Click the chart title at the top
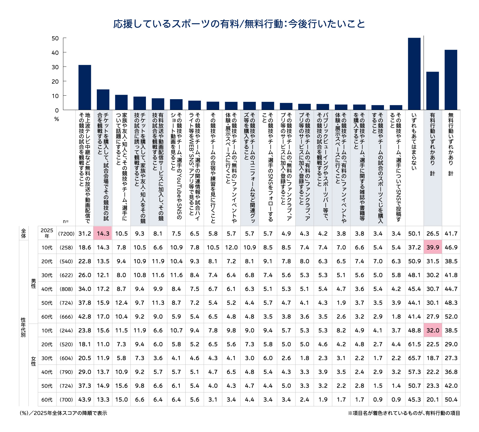[239, 24]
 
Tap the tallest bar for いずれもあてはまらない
[414, 74]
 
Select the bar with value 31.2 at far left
[85, 87]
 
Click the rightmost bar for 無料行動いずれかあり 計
[451, 80]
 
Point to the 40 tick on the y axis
[55, 53]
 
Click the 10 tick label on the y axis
[55, 96]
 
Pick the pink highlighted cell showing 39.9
[433, 247]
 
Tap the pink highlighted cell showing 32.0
[433, 330]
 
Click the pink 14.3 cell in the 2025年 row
[103, 234]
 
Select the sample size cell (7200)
[66, 234]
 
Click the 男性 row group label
[34, 282]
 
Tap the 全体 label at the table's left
[24, 233]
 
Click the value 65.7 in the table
[414, 358]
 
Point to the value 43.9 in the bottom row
[85, 400]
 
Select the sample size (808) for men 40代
[66, 289]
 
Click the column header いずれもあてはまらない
[414, 141]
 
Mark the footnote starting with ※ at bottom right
[404, 413]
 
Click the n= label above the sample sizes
[66, 221]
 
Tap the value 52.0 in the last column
[451, 317]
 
